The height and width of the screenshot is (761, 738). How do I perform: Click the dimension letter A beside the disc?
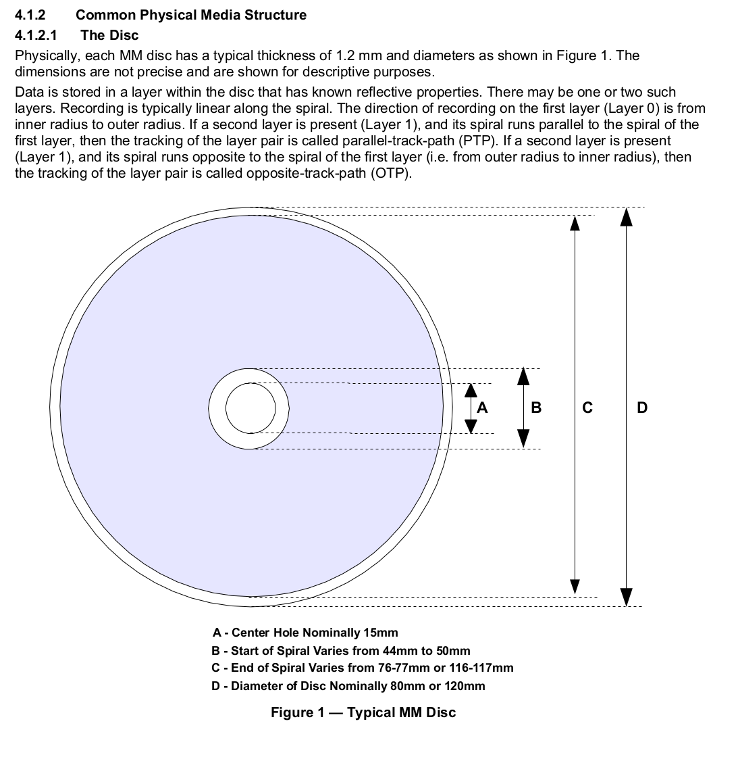click(x=482, y=408)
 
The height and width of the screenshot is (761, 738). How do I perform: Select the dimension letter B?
click(x=536, y=408)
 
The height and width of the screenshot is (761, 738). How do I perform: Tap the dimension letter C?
click(x=587, y=408)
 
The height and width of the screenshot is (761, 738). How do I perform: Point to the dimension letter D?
click(x=642, y=408)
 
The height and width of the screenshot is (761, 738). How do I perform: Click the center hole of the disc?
click(x=250, y=408)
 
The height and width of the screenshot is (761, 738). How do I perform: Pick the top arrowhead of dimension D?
click(x=627, y=216)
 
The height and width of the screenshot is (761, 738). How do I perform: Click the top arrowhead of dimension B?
click(x=523, y=376)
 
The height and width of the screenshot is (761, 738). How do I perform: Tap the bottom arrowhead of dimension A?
click(x=471, y=426)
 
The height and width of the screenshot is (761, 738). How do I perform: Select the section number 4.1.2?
click(x=30, y=15)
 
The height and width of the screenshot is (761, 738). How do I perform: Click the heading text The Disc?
click(x=109, y=36)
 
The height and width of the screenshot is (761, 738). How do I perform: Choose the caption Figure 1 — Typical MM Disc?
click(x=363, y=712)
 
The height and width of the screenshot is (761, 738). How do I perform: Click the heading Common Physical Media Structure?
click(x=191, y=15)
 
